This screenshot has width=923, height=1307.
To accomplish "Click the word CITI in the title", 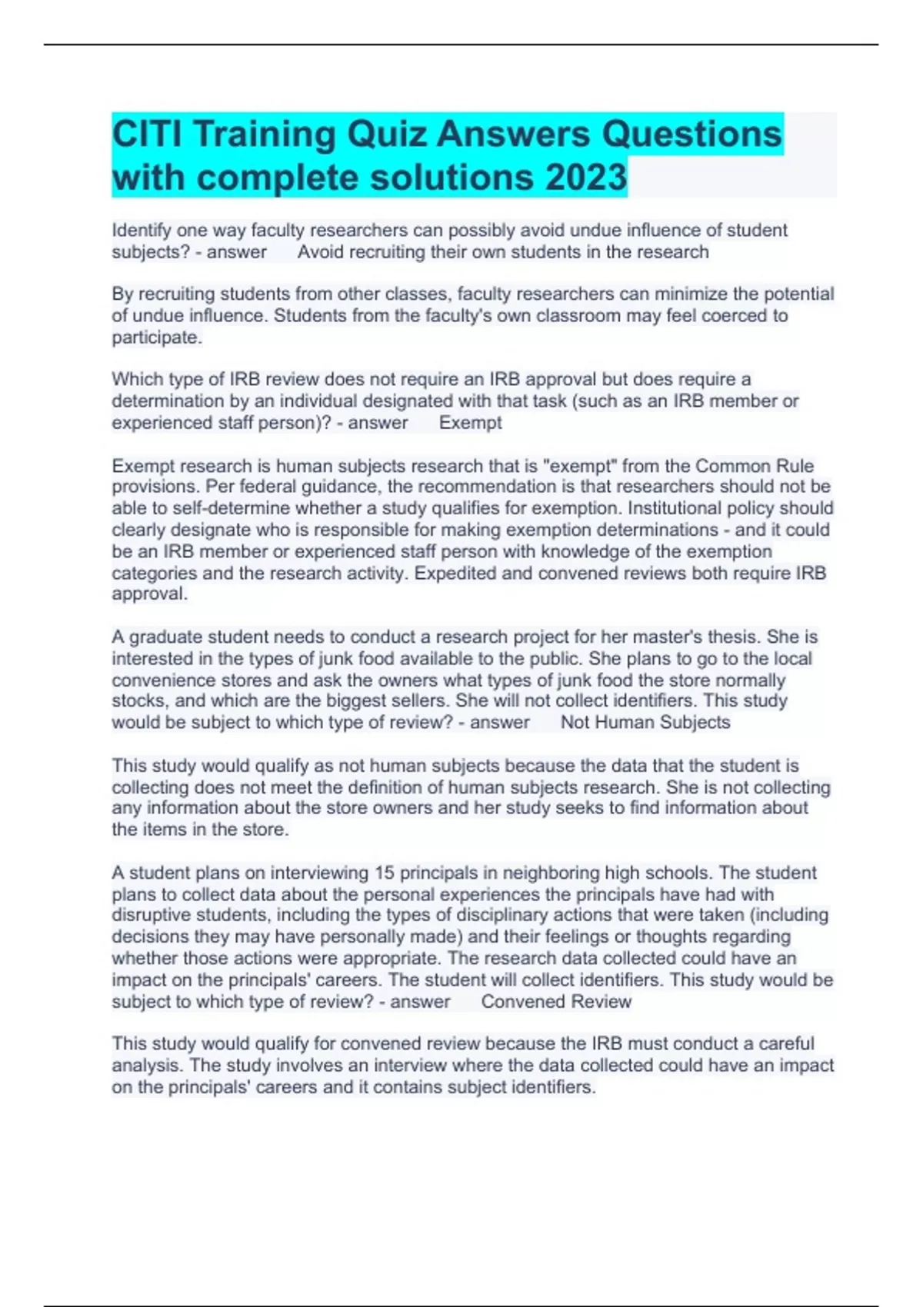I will pyautogui.click(x=147, y=135).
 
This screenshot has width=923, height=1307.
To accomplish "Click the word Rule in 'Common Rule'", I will pyautogui.click(x=795, y=466).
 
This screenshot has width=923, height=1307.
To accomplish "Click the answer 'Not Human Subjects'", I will pyautogui.click(x=645, y=722).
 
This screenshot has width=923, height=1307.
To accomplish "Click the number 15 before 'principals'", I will pyautogui.click(x=384, y=873).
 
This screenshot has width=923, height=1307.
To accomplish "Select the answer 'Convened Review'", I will pyautogui.click(x=556, y=1002).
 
